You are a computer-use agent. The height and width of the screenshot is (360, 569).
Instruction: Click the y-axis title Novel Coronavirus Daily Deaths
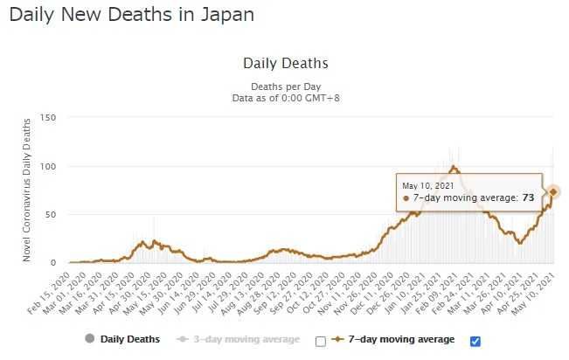[x=27, y=190]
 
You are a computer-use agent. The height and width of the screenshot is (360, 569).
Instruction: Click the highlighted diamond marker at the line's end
[x=552, y=191]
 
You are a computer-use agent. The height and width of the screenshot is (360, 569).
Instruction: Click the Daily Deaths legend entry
[x=128, y=339]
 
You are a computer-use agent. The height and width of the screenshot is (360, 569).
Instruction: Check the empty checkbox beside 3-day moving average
[x=320, y=340]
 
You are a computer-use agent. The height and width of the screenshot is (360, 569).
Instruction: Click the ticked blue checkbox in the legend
[x=475, y=340]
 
